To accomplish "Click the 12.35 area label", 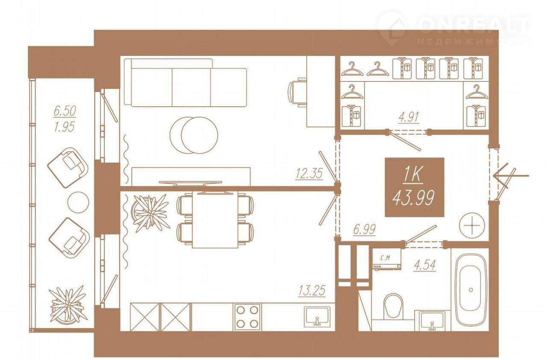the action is (309, 173).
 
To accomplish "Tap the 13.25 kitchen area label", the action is (312, 290).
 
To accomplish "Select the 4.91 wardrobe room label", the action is (409, 117).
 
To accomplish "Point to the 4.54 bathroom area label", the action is (425, 265).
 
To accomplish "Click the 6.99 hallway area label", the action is (365, 229).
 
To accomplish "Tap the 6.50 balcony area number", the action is (65, 111).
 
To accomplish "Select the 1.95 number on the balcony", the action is (64, 127).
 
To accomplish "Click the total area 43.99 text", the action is (413, 198).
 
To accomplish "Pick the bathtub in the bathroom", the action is (471, 290).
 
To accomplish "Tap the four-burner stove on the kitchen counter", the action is (247, 317).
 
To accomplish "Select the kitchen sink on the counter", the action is (317, 317).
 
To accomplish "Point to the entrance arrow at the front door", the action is (511, 175).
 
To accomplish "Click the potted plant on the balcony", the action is (68, 304).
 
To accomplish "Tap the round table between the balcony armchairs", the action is (78, 202).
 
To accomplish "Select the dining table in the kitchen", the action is (215, 220).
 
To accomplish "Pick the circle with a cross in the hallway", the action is (472, 225).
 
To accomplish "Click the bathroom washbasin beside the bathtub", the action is (432, 320).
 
